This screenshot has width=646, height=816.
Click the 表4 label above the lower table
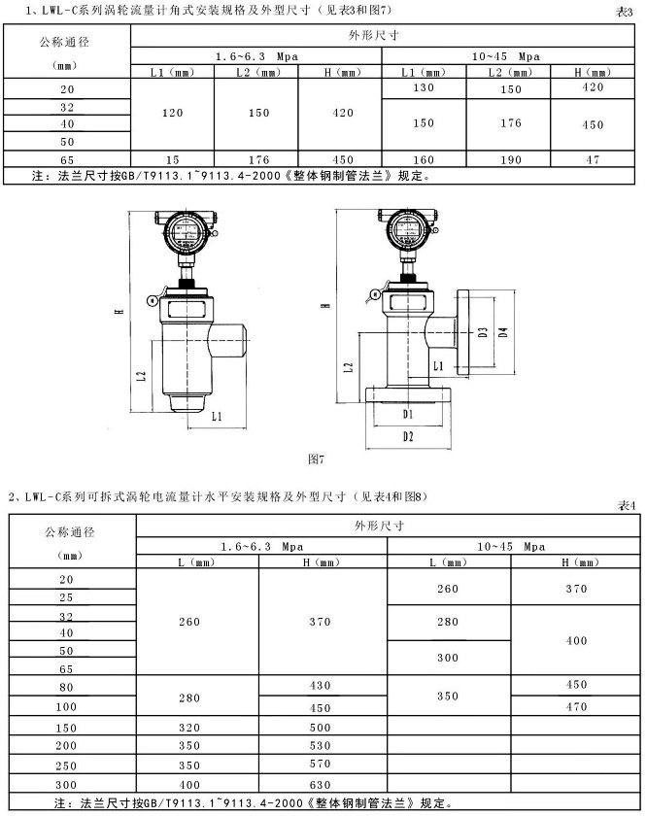626,505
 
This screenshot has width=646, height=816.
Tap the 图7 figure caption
315,456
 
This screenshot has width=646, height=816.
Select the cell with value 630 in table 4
322,785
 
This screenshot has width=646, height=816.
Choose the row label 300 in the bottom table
66,785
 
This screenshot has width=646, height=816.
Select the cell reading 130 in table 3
425,88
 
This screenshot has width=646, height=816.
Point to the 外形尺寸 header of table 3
381,35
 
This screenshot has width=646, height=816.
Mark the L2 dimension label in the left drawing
142,375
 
